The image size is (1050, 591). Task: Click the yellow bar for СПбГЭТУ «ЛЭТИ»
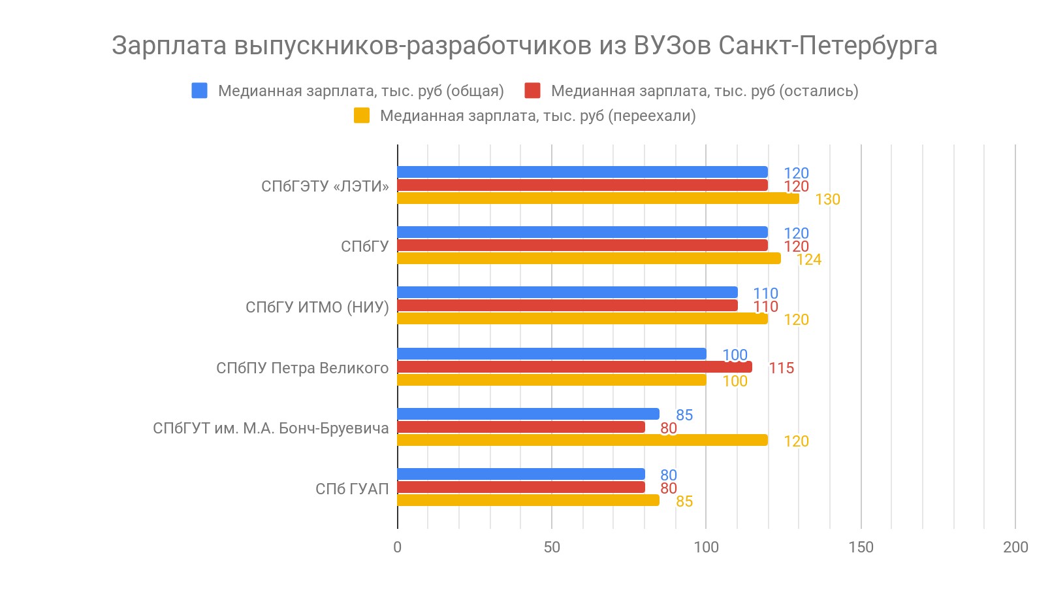tap(597, 198)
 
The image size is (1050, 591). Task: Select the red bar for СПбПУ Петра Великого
tap(575, 367)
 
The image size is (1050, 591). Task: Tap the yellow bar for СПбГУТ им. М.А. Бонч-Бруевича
tap(582, 440)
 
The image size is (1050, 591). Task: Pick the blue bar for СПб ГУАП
tap(521, 474)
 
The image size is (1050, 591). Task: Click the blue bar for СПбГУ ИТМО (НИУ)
tap(567, 292)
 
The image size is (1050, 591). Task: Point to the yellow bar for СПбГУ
tap(589, 258)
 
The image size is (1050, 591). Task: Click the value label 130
tap(827, 199)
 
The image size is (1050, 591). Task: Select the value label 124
tap(808, 260)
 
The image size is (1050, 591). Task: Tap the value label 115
tap(781, 368)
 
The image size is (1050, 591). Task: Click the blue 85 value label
tap(684, 415)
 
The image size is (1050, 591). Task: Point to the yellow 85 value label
tap(684, 501)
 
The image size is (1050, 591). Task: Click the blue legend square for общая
tap(199, 91)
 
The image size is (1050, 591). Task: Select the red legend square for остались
tap(532, 91)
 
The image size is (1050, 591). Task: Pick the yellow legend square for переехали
tap(361, 116)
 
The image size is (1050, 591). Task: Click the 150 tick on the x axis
tap(861, 547)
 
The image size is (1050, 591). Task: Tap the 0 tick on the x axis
tap(397, 547)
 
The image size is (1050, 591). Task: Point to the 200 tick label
tap(1015, 547)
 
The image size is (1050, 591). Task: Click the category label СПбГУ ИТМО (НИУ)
tap(317, 307)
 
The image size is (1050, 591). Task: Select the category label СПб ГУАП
tap(352, 489)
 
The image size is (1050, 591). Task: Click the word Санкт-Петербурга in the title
tap(827, 46)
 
